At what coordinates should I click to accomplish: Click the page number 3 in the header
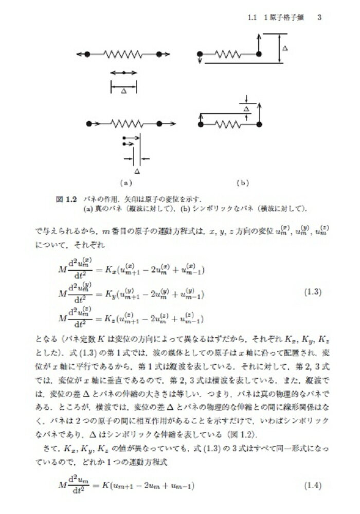click(319, 17)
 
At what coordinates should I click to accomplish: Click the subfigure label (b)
click(242, 182)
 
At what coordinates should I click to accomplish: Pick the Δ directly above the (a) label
click(136, 170)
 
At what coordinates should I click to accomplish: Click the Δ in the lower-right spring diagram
click(246, 109)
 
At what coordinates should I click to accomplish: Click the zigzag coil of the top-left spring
click(123, 53)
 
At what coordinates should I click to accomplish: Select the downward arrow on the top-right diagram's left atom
click(200, 61)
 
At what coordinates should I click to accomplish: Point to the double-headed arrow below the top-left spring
click(123, 73)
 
